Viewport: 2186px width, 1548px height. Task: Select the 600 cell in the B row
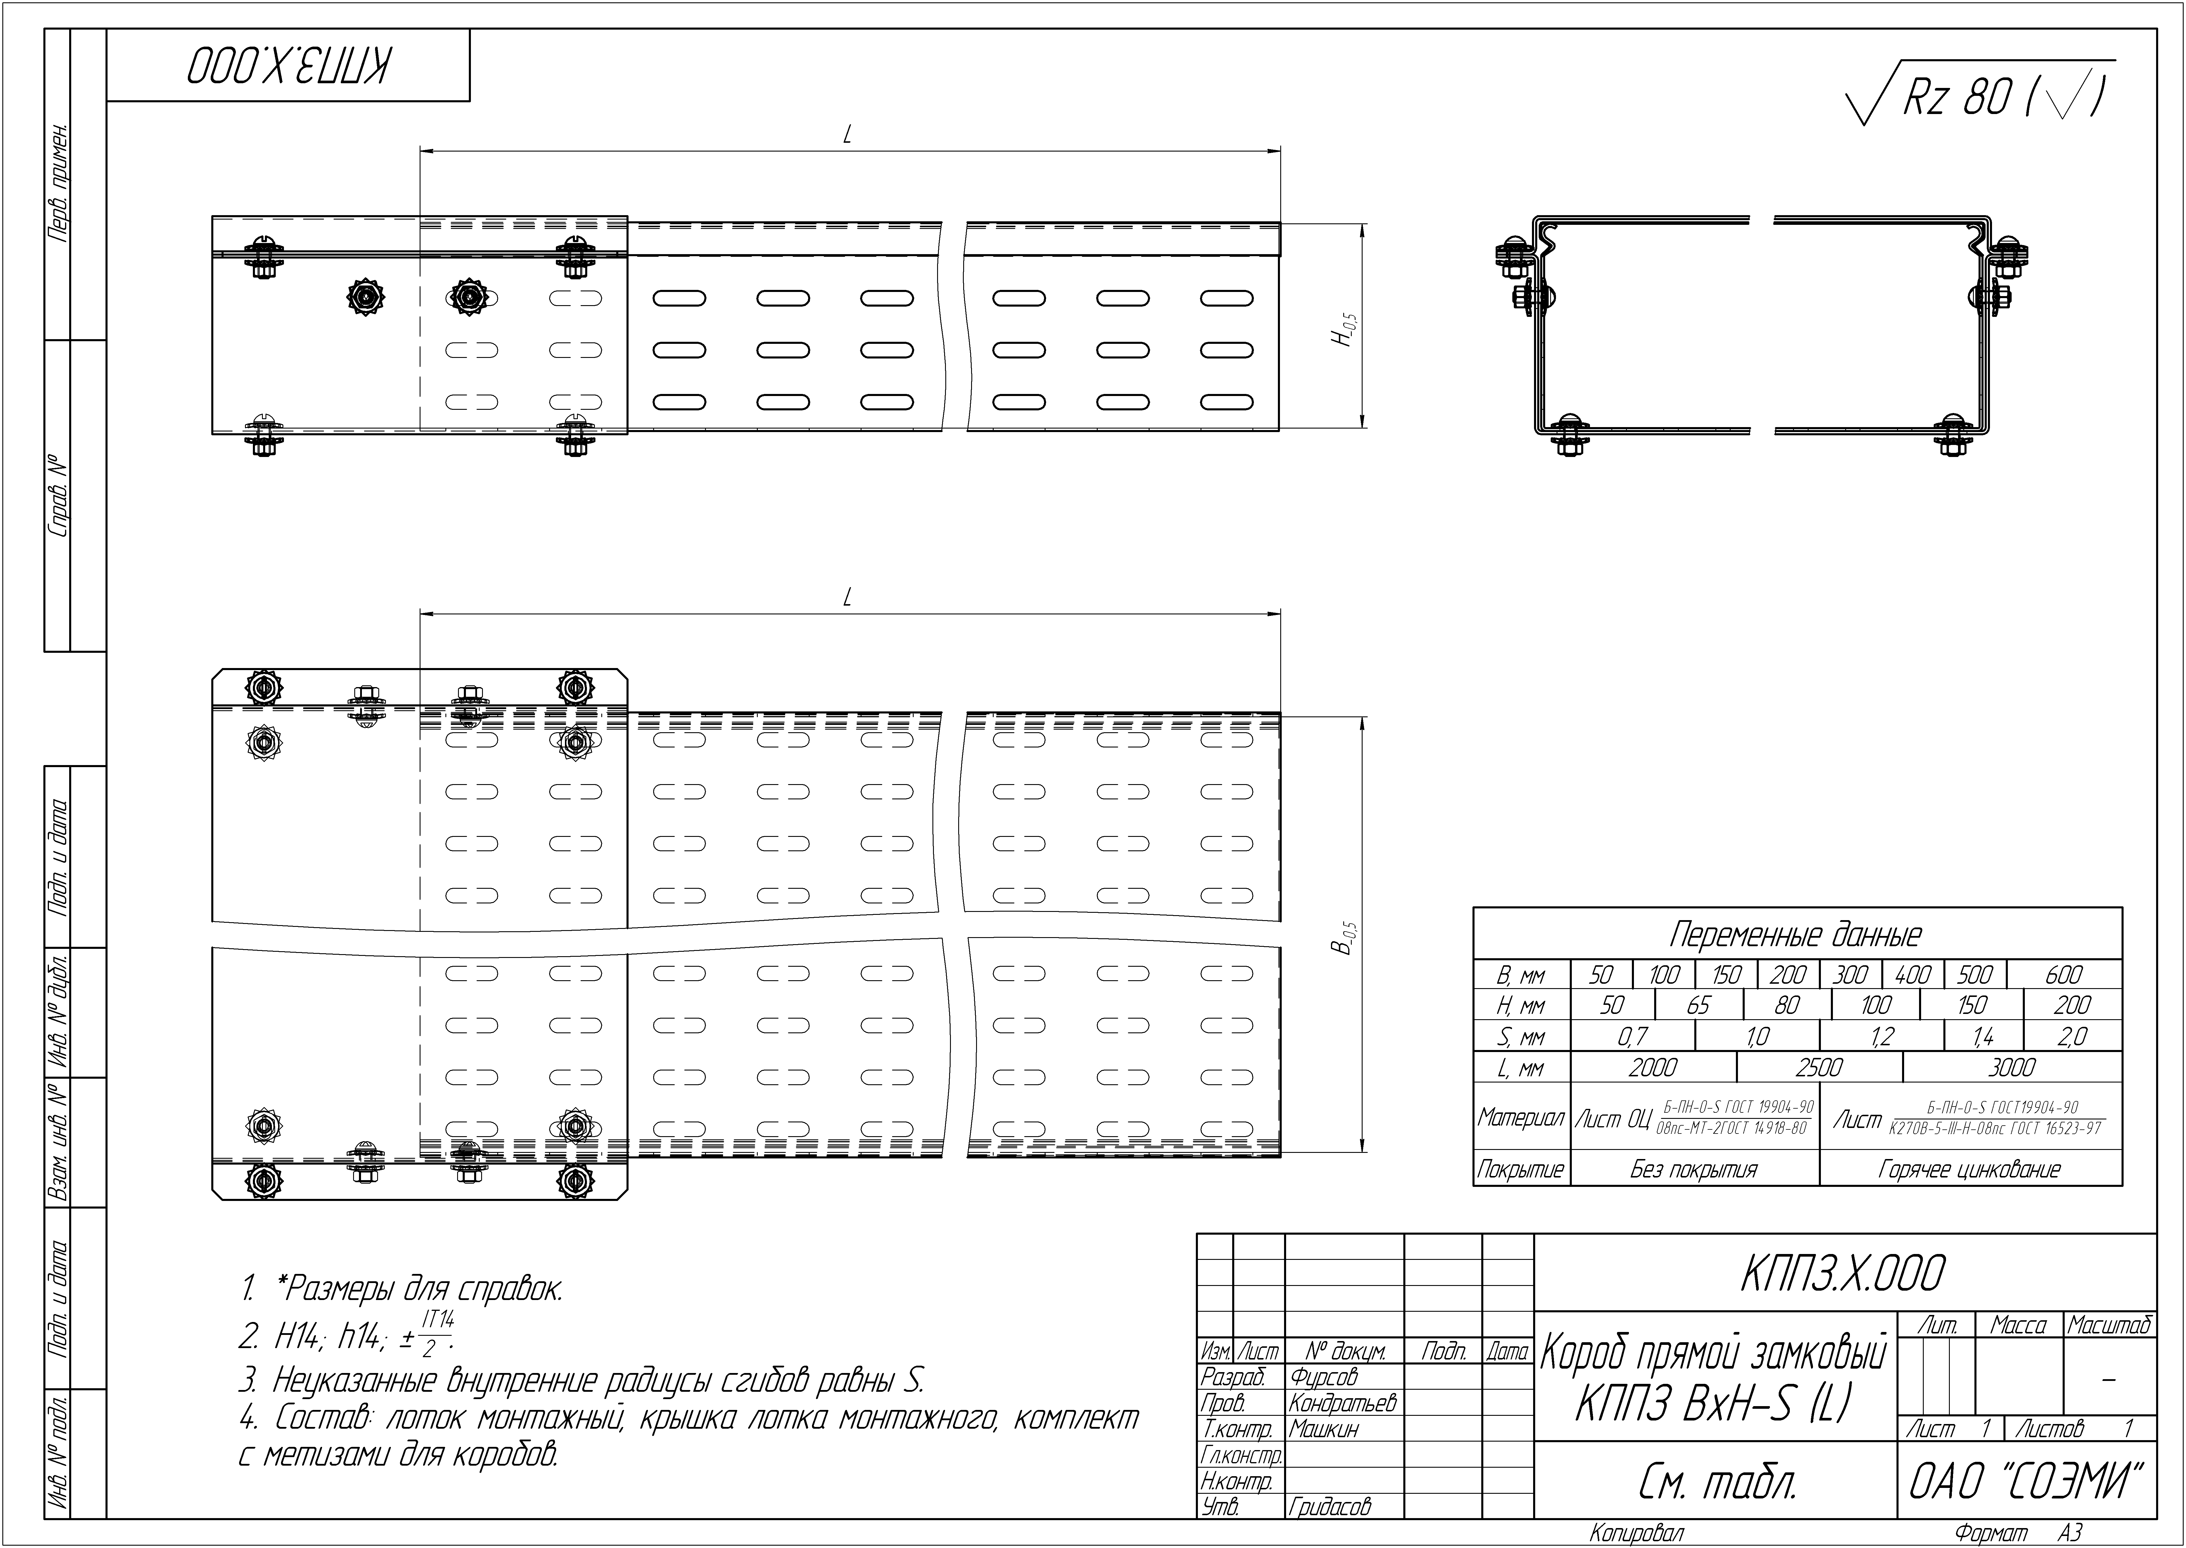2064,974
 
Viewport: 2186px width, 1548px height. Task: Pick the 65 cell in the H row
1699,1005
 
